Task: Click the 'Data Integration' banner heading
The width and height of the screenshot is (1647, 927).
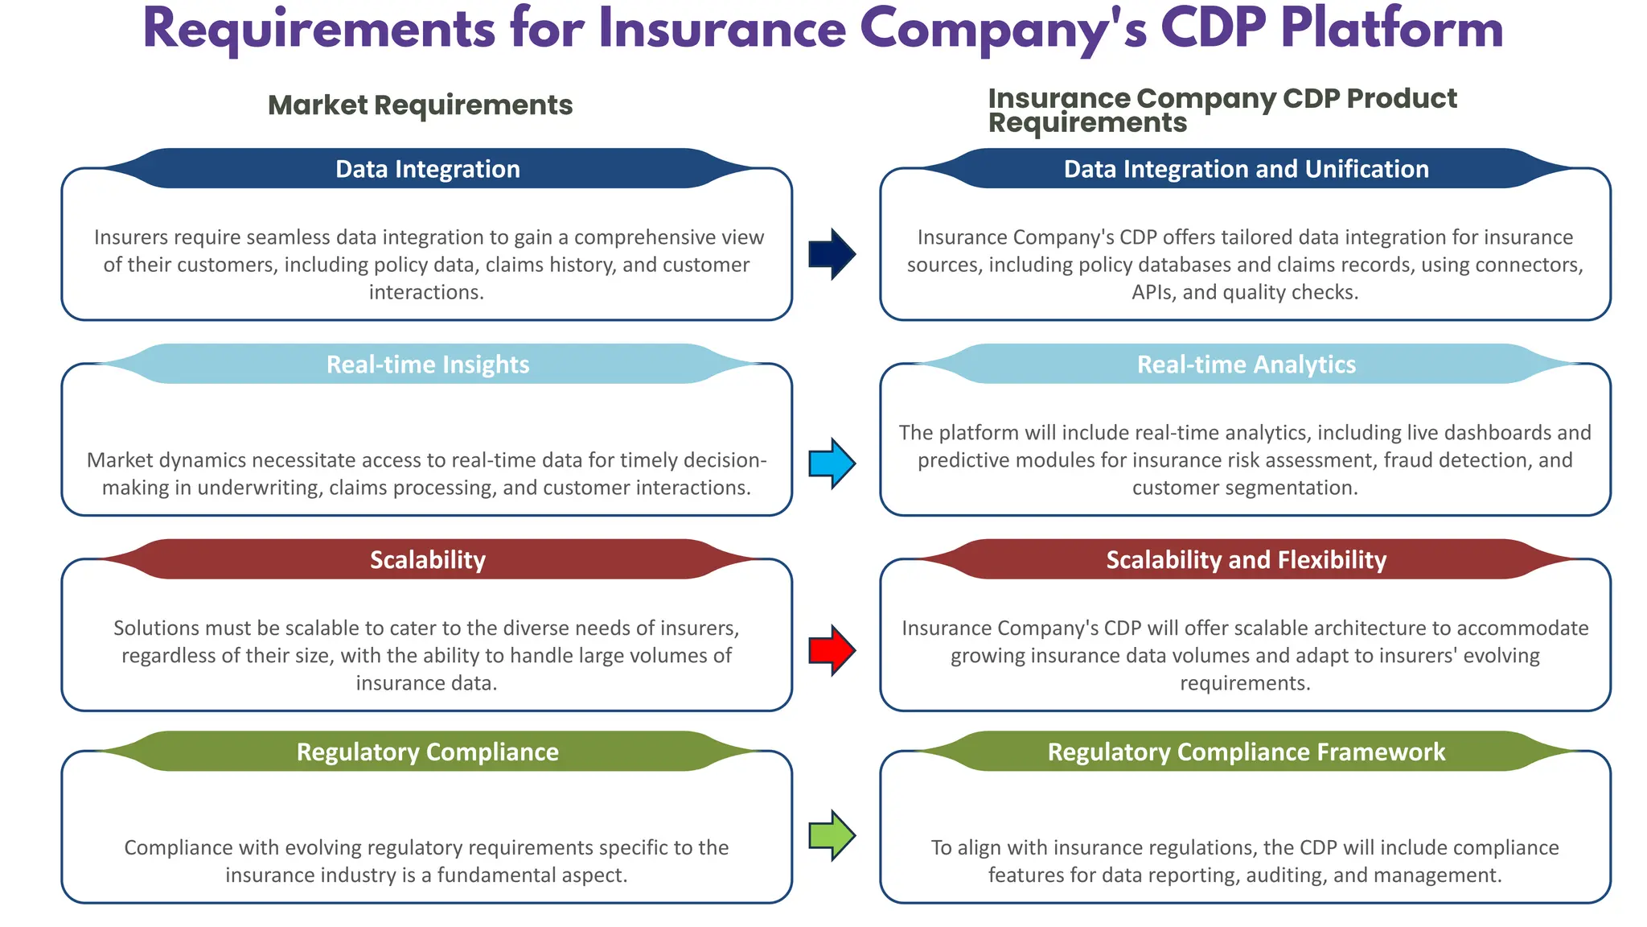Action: pos(427,169)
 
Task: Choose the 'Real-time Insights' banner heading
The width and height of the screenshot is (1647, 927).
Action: pos(427,365)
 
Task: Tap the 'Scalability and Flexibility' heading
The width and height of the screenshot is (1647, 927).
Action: pos(1246,560)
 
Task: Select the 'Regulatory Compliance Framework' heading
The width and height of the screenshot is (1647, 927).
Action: pos(1246,752)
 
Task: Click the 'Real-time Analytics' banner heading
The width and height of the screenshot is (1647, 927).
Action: pos(1246,365)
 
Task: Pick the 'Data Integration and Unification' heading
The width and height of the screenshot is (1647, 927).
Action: pos(1246,169)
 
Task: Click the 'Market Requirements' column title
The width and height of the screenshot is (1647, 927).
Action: pos(420,105)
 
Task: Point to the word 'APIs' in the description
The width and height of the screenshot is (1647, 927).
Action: pos(1153,292)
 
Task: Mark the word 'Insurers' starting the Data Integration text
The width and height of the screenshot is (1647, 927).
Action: pos(131,237)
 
